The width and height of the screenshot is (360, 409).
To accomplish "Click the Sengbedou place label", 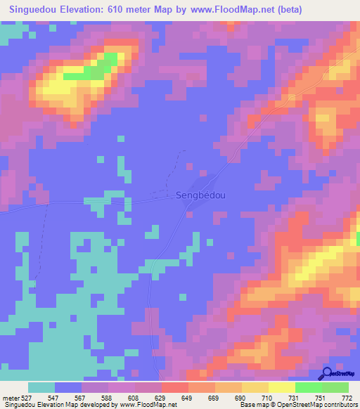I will click(200, 196).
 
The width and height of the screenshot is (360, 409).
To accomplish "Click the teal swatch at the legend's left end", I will click(41, 387).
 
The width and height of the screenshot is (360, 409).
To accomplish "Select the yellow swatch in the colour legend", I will click(281, 387).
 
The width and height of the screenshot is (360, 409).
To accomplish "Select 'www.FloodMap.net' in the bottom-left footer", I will click(147, 405).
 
